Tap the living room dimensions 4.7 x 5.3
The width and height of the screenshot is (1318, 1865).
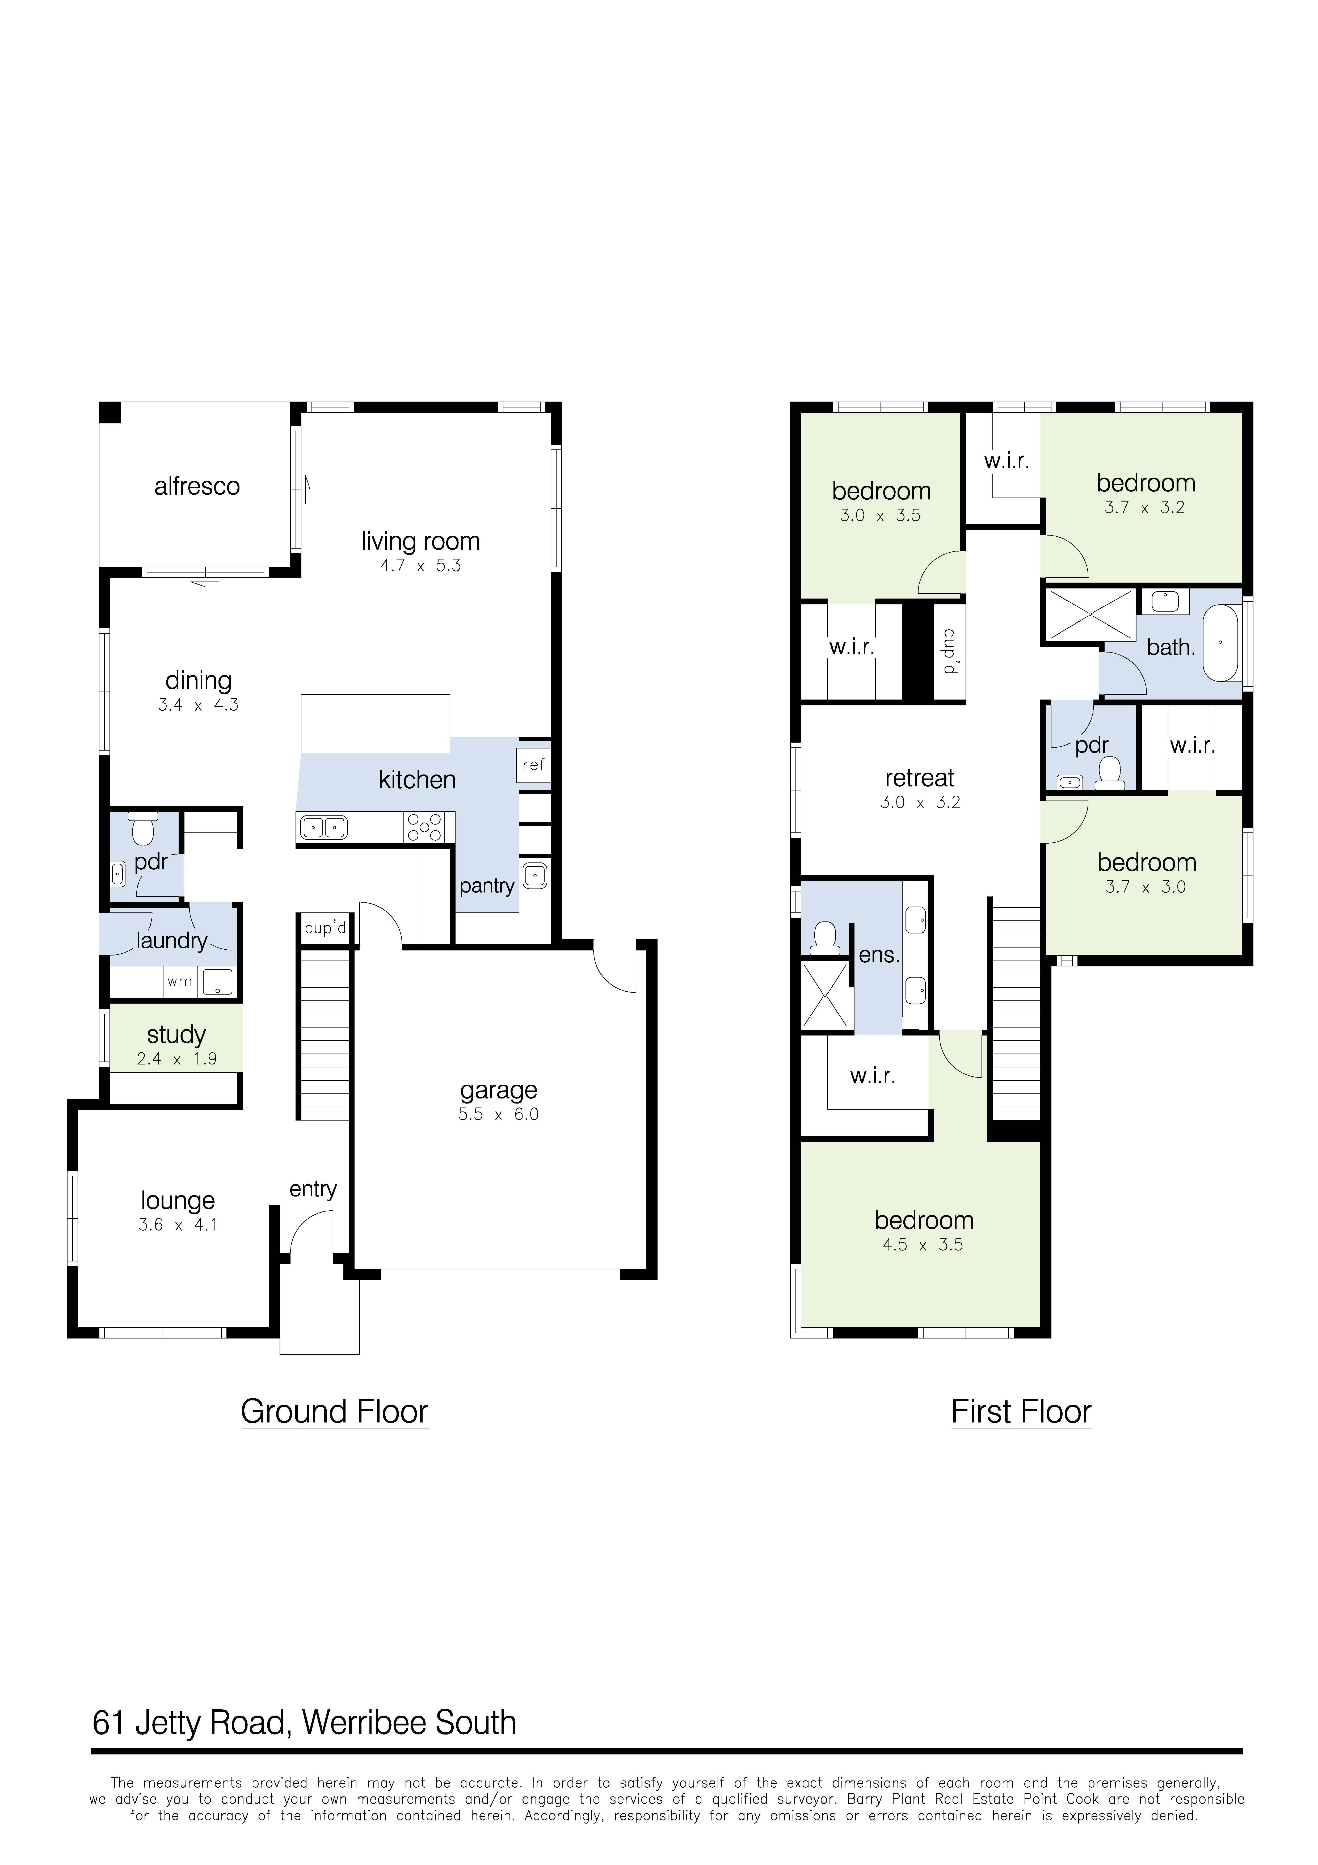click(x=421, y=566)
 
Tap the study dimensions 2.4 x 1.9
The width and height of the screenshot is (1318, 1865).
click(x=177, y=1059)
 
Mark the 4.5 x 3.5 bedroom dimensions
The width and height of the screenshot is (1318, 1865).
click(x=923, y=1245)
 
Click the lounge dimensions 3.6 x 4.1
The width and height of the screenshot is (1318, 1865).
click(x=178, y=1225)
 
